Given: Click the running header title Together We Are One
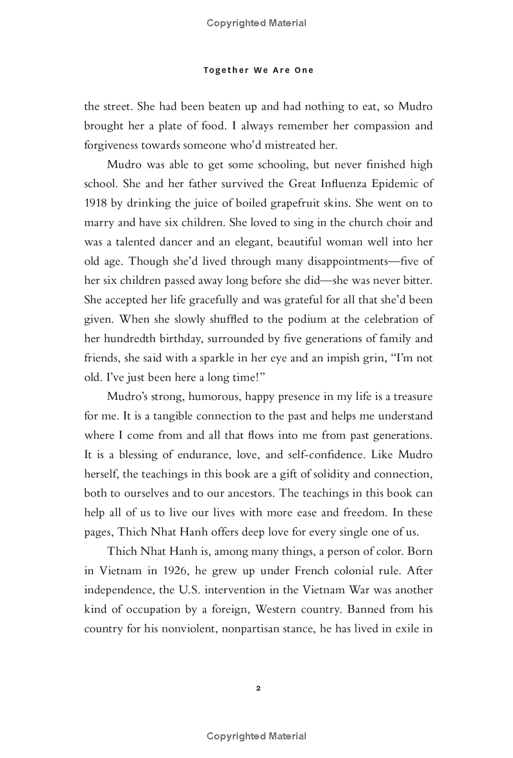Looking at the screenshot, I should coord(258,70).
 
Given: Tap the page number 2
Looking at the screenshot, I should coord(258,689).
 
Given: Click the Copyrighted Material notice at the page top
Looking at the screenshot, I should coord(256,23).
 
